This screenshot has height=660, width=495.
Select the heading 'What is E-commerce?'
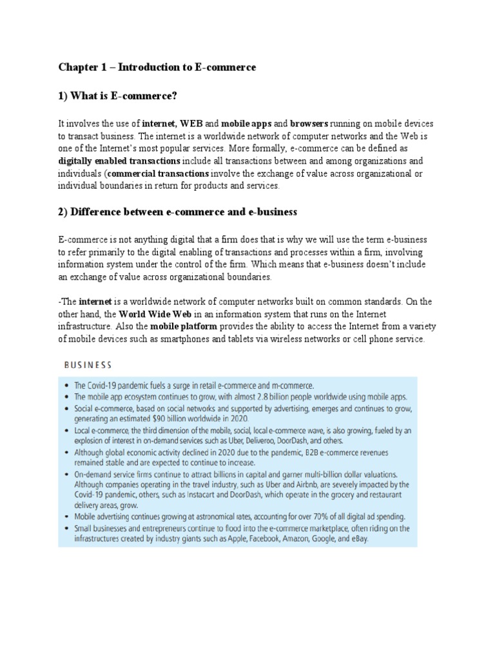124,97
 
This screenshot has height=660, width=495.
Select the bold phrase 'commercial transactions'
159,174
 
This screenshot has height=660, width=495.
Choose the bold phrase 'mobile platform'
186,327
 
